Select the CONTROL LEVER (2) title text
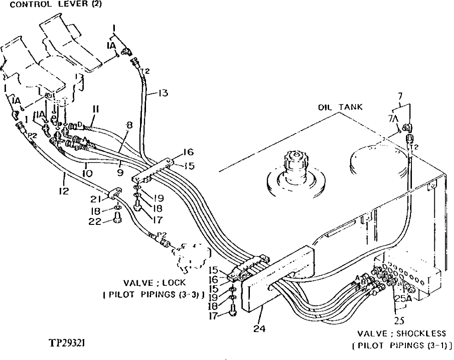(x=55, y=5)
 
